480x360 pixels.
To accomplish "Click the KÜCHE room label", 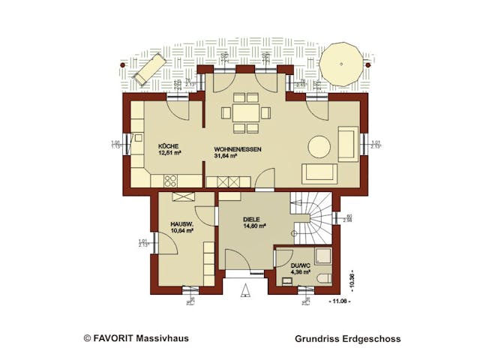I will click(168, 145).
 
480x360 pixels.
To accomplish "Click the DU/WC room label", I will click(290, 265).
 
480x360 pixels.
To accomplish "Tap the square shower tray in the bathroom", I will click(322, 256).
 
